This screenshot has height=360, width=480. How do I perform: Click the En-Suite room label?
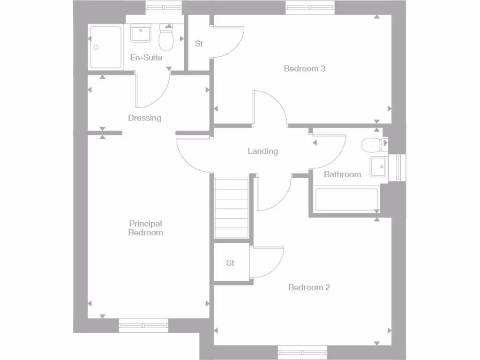click(x=146, y=58)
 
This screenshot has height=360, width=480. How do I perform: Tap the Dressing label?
click(x=145, y=118)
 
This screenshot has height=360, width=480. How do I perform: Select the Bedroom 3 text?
click(x=305, y=68)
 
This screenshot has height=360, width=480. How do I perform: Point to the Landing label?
click(x=262, y=151)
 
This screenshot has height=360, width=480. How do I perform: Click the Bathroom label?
click(x=343, y=174)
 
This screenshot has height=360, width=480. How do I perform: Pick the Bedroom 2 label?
click(x=309, y=287)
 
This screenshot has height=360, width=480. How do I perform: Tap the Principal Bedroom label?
click(x=146, y=228)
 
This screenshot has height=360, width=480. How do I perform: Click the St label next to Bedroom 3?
click(x=199, y=44)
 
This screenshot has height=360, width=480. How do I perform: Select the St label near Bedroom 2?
click(x=230, y=263)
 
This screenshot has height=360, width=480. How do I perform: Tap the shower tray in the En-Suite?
click(x=105, y=47)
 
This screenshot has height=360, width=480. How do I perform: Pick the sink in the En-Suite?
click(x=140, y=34)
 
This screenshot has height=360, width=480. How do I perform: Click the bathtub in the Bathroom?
click(x=347, y=200)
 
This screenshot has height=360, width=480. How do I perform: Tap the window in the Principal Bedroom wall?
click(x=143, y=325)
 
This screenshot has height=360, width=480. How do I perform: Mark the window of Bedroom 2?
click(x=302, y=352)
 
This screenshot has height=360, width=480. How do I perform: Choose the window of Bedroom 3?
click(x=311, y=7)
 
